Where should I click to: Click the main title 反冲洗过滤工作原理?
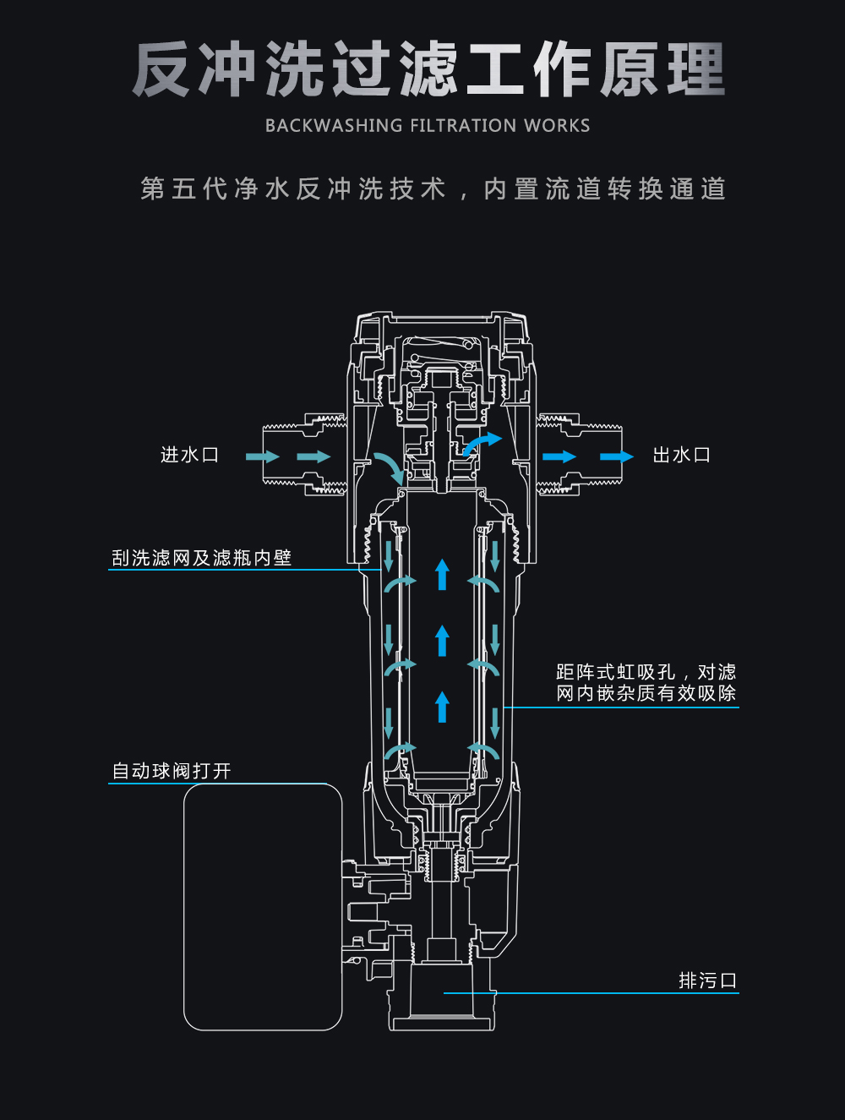click(428, 69)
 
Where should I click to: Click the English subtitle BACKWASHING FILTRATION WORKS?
click(428, 126)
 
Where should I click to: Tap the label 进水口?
click(190, 455)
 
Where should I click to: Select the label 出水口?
click(682, 456)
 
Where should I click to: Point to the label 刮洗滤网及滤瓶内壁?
click(202, 558)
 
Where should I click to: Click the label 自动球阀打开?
click(172, 771)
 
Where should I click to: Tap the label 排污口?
click(708, 981)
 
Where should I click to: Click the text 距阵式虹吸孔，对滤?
click(646, 672)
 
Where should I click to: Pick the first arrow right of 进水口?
click(263, 456)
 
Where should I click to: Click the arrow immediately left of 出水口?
click(616, 456)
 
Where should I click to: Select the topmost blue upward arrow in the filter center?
click(442, 574)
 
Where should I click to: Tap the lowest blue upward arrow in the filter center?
click(442, 707)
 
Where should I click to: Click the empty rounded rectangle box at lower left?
click(263, 906)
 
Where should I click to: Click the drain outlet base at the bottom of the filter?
click(440, 1006)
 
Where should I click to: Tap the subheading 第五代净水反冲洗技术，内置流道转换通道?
click(433, 188)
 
